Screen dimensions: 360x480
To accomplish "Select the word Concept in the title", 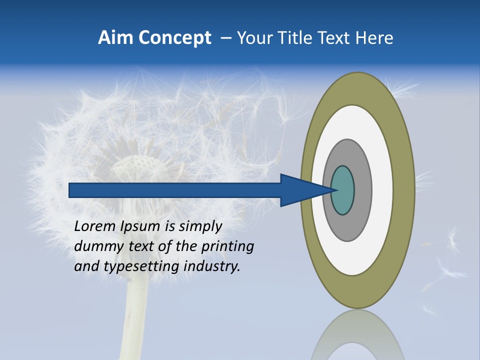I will click(175, 38).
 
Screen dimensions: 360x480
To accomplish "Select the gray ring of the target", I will click(362, 190).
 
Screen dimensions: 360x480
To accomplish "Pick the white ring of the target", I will click(382, 190).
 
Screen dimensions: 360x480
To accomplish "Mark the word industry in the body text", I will click(212, 266).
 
